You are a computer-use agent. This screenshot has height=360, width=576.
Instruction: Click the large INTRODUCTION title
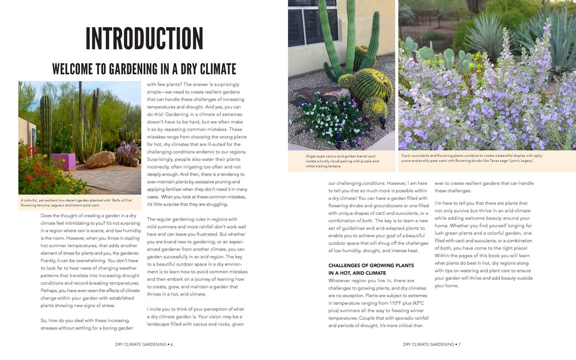pos(144,39)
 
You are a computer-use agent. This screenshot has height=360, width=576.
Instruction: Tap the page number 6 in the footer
pos(172,344)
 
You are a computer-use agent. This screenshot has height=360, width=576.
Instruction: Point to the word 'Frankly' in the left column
pos(50,260)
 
